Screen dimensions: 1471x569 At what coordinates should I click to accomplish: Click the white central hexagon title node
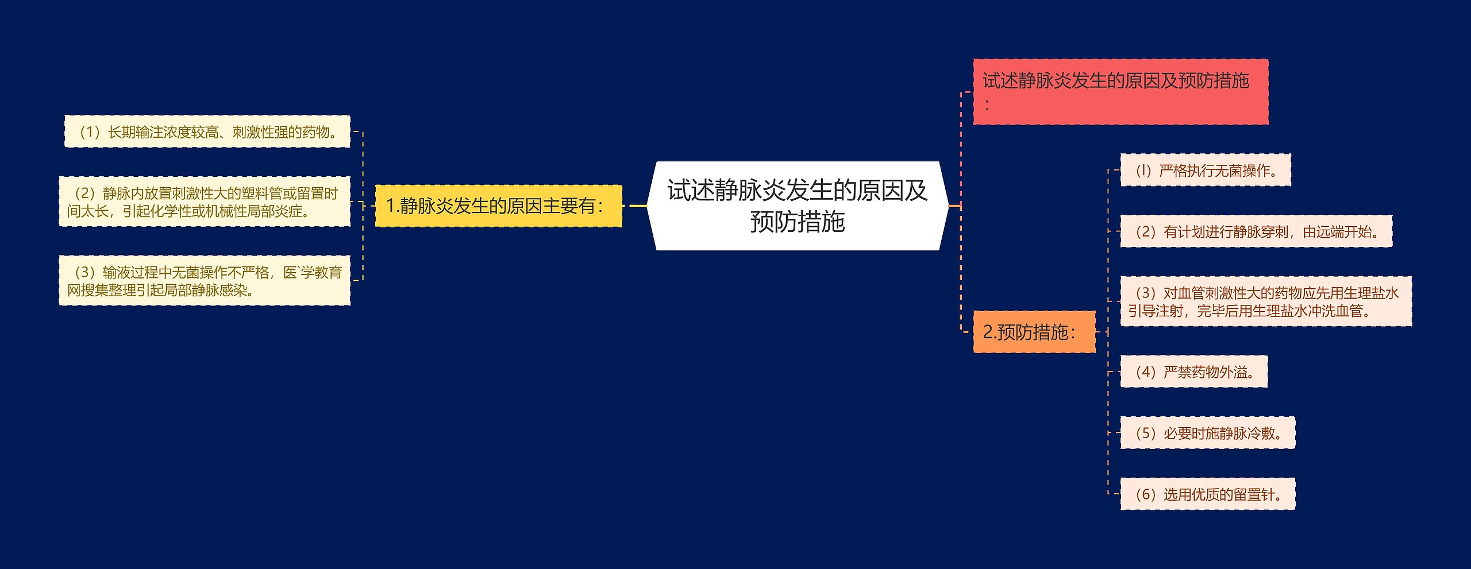click(x=798, y=206)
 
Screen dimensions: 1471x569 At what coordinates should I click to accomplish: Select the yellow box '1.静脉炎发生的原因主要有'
click(x=498, y=206)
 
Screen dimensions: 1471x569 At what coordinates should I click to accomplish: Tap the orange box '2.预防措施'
click(x=1034, y=332)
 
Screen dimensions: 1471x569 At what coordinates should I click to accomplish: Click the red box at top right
click(x=1120, y=92)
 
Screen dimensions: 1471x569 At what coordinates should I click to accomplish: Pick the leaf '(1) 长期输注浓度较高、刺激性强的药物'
click(x=207, y=131)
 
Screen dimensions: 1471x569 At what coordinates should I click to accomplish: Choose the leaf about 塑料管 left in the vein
click(x=204, y=202)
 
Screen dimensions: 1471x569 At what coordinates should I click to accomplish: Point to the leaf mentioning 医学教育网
click(x=204, y=280)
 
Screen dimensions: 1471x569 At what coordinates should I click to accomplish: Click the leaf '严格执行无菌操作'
click(x=1206, y=170)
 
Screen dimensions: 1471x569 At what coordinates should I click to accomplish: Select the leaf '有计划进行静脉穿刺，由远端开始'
click(x=1256, y=231)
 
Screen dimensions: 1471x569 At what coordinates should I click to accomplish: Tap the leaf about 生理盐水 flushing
click(x=1266, y=301)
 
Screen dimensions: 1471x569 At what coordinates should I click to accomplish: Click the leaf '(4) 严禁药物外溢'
click(x=1194, y=371)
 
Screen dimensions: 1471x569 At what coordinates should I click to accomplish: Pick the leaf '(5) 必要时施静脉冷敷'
click(x=1208, y=433)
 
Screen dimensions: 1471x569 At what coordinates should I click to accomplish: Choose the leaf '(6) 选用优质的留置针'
click(x=1208, y=494)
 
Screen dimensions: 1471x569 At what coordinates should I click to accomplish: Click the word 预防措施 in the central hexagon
click(x=798, y=222)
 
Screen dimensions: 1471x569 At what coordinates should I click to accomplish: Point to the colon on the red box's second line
click(x=987, y=105)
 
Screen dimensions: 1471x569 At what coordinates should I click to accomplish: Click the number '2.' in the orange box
click(x=989, y=332)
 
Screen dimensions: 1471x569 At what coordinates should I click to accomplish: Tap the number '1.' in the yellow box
click(x=392, y=206)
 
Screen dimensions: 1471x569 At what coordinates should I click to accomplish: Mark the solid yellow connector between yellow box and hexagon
click(x=638, y=206)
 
